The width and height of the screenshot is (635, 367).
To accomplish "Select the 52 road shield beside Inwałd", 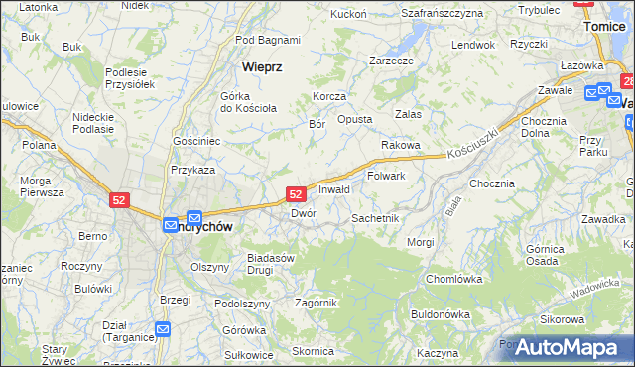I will pyautogui.click(x=296, y=194).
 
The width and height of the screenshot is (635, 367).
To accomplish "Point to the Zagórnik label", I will pyautogui.click(x=317, y=303).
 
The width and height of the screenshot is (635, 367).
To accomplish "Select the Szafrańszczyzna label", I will pyautogui.click(x=442, y=13).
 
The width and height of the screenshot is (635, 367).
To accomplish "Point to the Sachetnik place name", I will pyautogui.click(x=375, y=217).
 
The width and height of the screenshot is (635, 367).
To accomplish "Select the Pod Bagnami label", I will pyautogui.click(x=268, y=41).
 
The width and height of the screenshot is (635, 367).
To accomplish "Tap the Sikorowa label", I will pyautogui.click(x=562, y=319).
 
